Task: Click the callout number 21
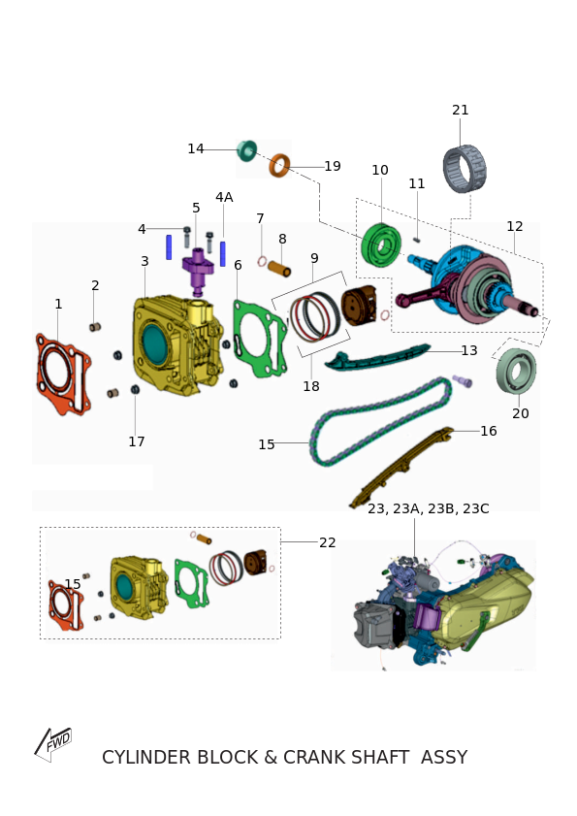pyautogui.click(x=460, y=111)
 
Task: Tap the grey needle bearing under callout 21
pyautogui.click(x=465, y=169)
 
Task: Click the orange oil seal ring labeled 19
pyautogui.click(x=279, y=165)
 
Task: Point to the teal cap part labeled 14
pyautogui.click(x=246, y=150)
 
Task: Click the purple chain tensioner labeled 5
pyautogui.click(x=198, y=271)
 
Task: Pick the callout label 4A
pyautogui.click(x=224, y=197)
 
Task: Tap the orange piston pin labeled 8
pyautogui.click(x=279, y=269)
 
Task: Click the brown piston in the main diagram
pyautogui.click(x=359, y=306)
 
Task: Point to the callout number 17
pyautogui.click(x=137, y=441)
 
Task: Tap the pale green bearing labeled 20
pyautogui.click(x=516, y=371)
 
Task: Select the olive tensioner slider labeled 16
pyautogui.click(x=401, y=467)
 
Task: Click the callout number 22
pyautogui.click(x=327, y=542)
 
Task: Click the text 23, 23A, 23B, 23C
pyautogui.click(x=429, y=508)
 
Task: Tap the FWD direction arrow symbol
pyautogui.click(x=53, y=744)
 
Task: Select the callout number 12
pyautogui.click(x=515, y=226)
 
